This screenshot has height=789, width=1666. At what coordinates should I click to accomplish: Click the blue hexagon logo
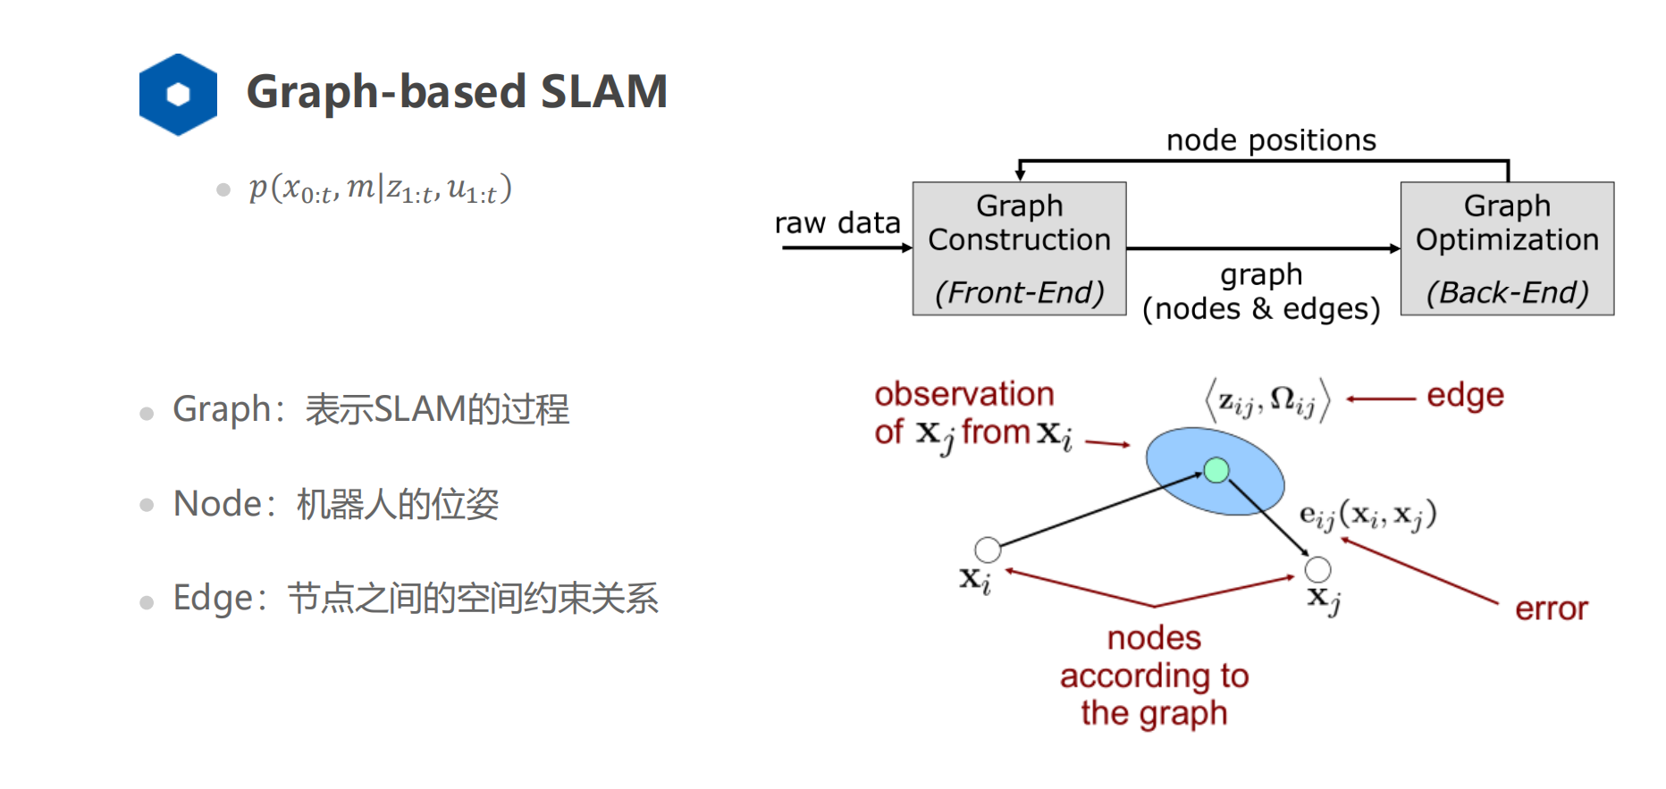(x=178, y=95)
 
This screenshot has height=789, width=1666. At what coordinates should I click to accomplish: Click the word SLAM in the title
(x=603, y=92)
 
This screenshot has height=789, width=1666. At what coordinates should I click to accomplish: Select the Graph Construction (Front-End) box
(x=1019, y=248)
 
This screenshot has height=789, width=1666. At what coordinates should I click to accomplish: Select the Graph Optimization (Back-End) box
(x=1507, y=248)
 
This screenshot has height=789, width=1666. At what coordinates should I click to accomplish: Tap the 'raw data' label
(x=837, y=223)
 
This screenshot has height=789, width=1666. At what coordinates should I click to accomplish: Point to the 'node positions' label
(x=1271, y=140)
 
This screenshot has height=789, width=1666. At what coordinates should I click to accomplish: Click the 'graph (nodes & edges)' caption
(x=1261, y=292)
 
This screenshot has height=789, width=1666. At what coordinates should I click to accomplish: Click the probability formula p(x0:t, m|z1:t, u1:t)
(x=380, y=189)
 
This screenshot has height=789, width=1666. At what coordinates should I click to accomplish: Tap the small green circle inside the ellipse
(x=1216, y=470)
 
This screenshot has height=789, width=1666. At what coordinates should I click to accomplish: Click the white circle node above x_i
(x=988, y=550)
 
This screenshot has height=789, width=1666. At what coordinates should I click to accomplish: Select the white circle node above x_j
(x=1317, y=569)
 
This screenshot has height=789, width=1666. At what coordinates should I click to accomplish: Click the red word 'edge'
(x=1465, y=395)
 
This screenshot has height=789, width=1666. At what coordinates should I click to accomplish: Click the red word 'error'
(x=1551, y=609)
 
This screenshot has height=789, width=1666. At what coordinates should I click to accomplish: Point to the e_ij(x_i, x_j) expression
(x=1367, y=516)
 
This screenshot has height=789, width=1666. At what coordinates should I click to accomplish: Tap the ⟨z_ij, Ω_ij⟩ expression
(x=1267, y=399)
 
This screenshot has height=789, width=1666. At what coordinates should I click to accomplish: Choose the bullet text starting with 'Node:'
(x=335, y=504)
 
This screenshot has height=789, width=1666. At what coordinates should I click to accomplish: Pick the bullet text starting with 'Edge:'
(x=416, y=598)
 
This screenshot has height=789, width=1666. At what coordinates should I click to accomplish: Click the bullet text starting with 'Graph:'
(x=370, y=409)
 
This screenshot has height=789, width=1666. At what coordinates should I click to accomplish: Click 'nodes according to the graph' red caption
(x=1154, y=676)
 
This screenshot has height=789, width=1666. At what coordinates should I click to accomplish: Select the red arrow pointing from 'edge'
(x=1381, y=399)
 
